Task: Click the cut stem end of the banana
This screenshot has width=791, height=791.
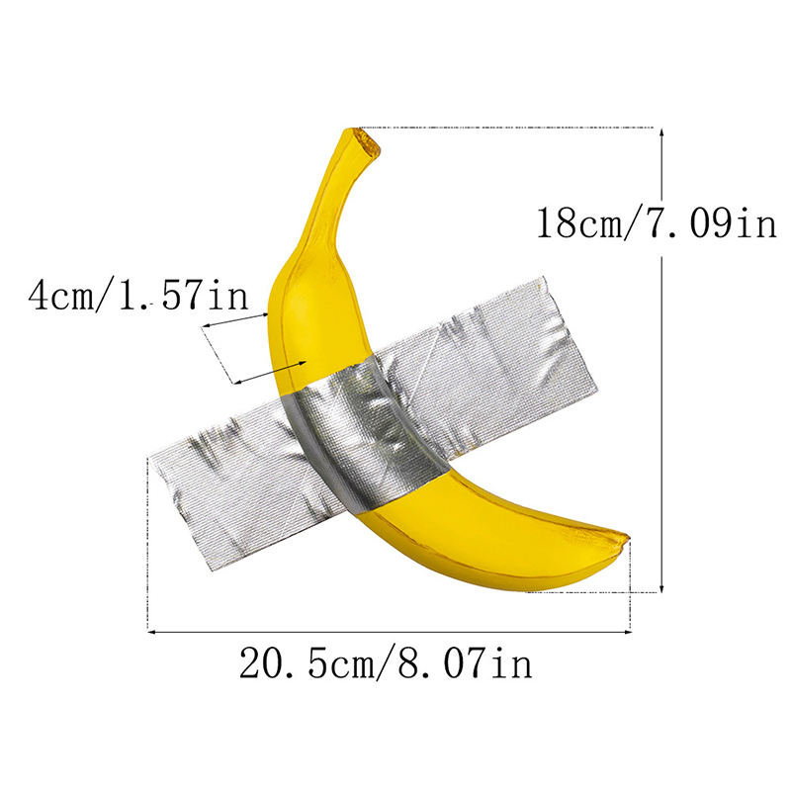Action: point(367,142)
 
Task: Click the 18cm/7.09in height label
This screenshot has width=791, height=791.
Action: point(656,223)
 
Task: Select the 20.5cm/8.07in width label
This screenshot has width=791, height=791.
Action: point(386,662)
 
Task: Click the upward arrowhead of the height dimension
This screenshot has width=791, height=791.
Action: point(661,132)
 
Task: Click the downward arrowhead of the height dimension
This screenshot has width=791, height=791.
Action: point(661,587)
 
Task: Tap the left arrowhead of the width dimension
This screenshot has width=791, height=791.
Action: point(151,631)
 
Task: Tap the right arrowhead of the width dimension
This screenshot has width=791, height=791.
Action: point(626,631)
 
